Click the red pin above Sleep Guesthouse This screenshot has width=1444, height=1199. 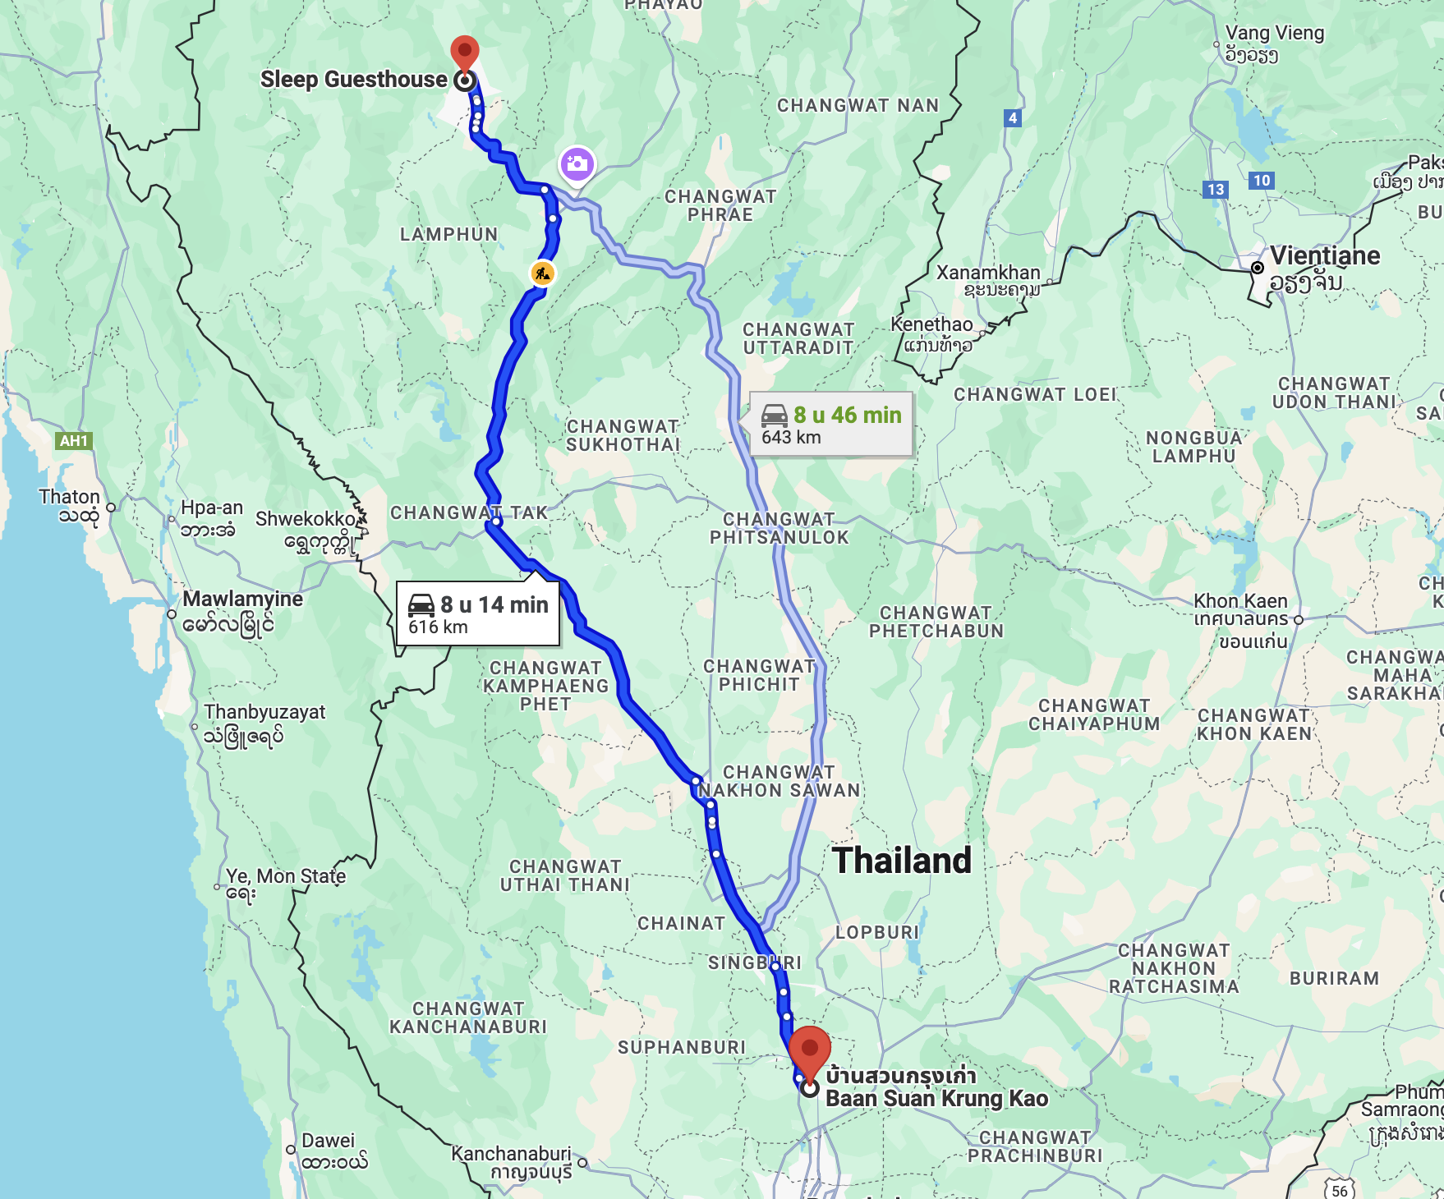tap(465, 53)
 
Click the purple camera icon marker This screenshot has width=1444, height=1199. tap(577, 163)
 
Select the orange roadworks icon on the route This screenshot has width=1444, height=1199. tap(542, 273)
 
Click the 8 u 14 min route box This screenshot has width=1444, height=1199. tap(478, 614)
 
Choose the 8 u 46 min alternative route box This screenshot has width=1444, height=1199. tap(831, 424)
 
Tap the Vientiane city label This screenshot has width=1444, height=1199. tap(1324, 256)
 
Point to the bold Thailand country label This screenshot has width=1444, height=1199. tap(902, 861)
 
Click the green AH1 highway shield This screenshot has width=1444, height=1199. tap(73, 441)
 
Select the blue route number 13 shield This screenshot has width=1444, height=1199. tap(1216, 190)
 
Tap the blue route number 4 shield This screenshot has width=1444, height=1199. tap(1013, 118)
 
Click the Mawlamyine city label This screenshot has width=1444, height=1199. tap(242, 599)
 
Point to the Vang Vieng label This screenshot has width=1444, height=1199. tap(1274, 34)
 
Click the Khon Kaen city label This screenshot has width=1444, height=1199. tap(1240, 601)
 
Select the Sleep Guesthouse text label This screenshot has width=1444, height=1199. tap(353, 80)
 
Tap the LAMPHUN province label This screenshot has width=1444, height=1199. tap(448, 235)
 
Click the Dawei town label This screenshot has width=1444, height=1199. tap(328, 1141)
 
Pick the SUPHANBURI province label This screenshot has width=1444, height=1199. tap(682, 1047)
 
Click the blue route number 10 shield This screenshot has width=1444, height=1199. tap(1262, 181)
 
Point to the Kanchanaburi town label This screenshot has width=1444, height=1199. tap(510, 1154)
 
